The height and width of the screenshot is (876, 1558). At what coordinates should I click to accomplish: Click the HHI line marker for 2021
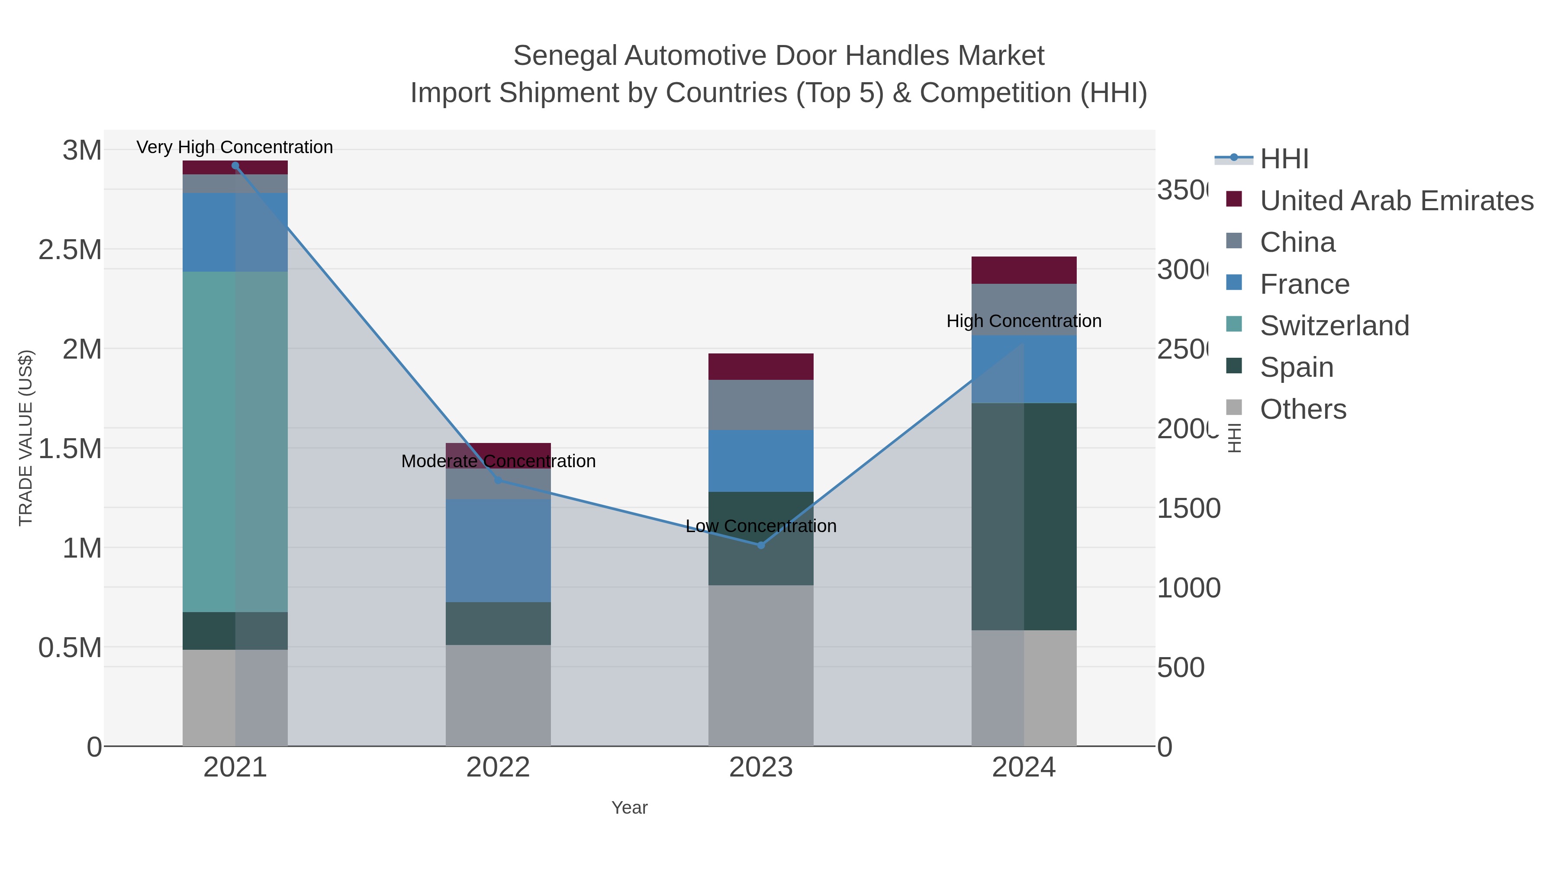(x=235, y=166)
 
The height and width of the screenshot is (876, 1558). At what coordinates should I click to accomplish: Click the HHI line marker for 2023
(x=761, y=545)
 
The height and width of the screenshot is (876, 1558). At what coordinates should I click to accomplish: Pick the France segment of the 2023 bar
(x=761, y=461)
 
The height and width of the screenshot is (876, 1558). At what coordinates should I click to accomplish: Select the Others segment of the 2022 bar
(x=498, y=695)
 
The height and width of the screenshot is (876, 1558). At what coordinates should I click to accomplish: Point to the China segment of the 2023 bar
(x=761, y=405)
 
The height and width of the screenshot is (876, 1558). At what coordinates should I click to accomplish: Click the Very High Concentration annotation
(x=235, y=148)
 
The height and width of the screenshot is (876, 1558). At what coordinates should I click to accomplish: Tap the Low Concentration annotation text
(x=761, y=526)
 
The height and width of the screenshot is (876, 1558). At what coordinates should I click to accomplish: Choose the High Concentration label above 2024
(x=1024, y=321)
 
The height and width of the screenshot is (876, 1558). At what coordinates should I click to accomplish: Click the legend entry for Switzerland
(x=1334, y=326)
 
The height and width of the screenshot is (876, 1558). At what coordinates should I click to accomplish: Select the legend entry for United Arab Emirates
(x=1396, y=201)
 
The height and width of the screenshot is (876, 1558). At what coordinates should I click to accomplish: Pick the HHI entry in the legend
(x=1284, y=159)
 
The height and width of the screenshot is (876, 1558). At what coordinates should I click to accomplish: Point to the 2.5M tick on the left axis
(x=70, y=250)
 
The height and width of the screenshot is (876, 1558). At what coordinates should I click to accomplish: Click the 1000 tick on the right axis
(x=1188, y=588)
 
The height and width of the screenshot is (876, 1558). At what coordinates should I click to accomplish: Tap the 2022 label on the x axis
(x=498, y=768)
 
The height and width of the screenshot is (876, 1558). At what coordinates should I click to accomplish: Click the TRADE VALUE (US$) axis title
(x=26, y=438)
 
